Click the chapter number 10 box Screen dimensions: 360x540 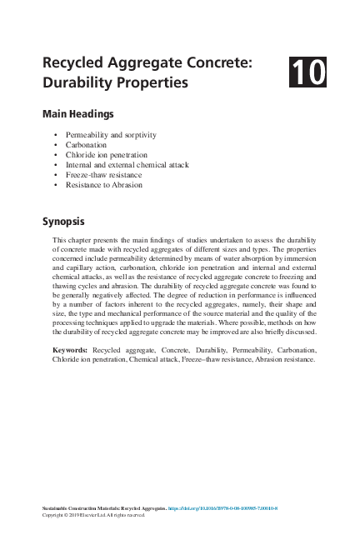click(307, 72)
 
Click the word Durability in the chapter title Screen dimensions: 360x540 click(77, 82)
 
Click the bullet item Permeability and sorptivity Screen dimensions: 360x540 click(111, 134)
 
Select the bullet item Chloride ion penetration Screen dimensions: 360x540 click(108, 154)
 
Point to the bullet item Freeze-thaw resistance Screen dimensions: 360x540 click(102, 175)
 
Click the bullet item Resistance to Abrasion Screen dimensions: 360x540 click(104, 185)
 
